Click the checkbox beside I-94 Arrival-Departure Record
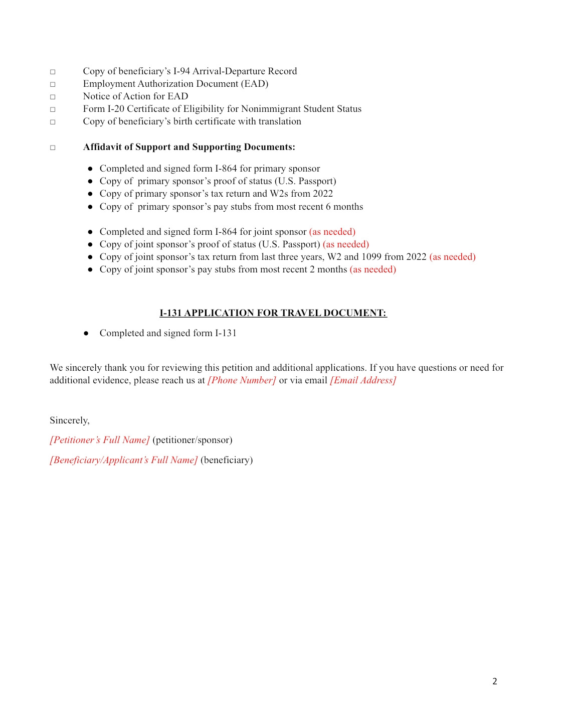pos(53,72)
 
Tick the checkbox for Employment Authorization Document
pos(53,84)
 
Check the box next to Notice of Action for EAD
pos(53,97)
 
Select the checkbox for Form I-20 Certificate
pos(53,109)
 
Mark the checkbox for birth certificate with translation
pos(53,122)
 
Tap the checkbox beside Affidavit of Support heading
pos(53,148)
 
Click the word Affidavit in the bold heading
pos(102,147)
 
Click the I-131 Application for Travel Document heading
pos(273,313)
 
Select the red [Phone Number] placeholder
pos(242,380)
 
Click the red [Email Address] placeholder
pos(363,380)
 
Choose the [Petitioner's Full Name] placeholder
pos(100,440)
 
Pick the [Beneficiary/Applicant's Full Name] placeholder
pos(124,460)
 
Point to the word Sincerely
pos(69,420)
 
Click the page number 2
pos(495,681)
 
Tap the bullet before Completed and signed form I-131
pos(86,333)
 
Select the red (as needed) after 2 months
pos(372,269)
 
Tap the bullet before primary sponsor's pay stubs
pos(90,207)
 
